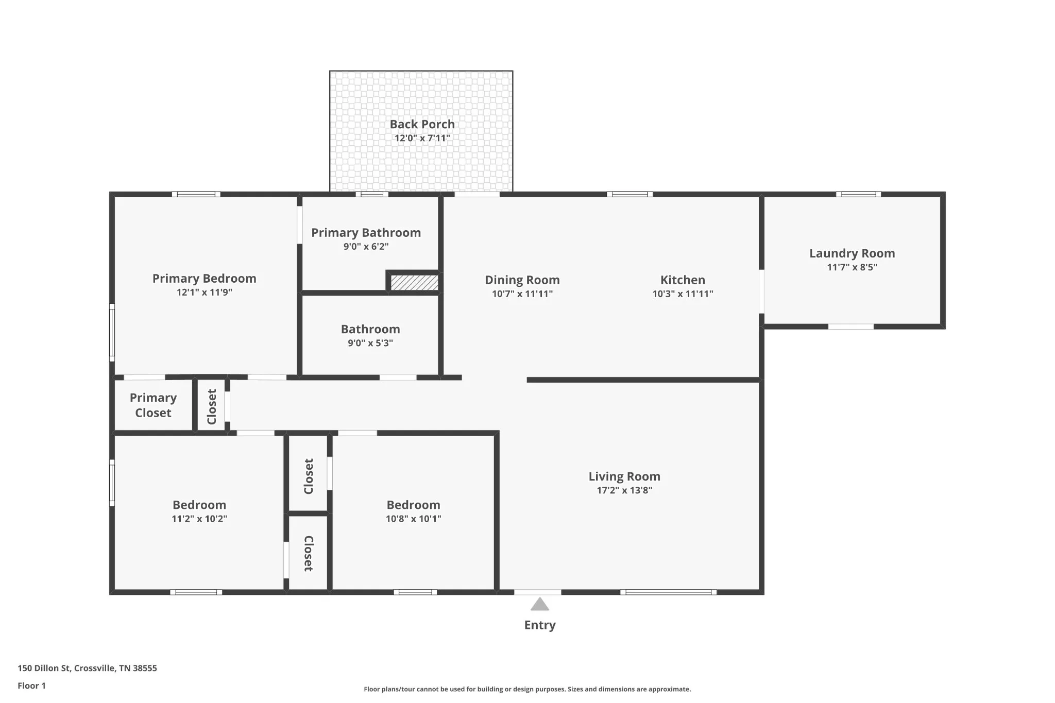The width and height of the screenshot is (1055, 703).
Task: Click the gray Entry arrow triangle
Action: coord(539,604)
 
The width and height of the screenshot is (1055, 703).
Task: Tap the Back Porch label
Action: coord(422,124)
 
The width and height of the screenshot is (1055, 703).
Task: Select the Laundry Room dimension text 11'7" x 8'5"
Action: coord(852,267)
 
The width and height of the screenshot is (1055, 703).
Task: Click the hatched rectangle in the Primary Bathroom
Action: coord(414,282)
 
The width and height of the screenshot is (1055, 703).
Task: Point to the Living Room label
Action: coord(624,476)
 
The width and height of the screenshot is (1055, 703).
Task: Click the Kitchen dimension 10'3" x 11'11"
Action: coord(683,294)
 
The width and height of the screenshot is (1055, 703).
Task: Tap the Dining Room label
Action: coord(522,280)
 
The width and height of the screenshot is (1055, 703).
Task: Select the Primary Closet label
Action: coord(153,405)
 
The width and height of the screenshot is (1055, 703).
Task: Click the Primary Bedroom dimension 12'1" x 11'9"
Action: coord(205,292)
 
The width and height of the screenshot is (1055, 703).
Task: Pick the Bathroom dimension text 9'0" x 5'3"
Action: coord(370,343)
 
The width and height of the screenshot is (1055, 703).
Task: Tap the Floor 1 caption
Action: coord(31,685)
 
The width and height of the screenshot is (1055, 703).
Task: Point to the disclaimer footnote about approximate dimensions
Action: coord(527,689)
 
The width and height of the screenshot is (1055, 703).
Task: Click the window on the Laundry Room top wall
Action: coord(858,194)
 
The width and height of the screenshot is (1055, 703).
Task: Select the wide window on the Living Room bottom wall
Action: coord(668,592)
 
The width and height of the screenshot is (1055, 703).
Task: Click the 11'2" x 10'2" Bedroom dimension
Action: coord(199,519)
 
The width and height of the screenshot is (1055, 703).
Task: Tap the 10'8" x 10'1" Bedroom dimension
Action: coord(414,519)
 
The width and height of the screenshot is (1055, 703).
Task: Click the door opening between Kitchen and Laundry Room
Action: coord(761,292)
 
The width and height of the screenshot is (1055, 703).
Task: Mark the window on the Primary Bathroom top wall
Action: coord(372,194)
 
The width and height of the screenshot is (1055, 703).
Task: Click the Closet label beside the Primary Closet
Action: coord(212,407)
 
